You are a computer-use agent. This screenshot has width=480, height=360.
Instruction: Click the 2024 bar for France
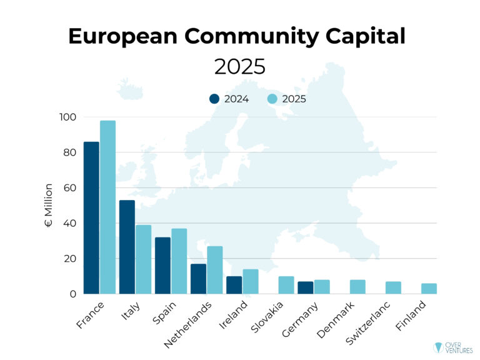(91, 217)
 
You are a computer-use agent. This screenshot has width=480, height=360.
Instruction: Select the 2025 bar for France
(107, 207)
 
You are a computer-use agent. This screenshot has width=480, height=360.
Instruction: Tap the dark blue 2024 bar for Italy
(127, 247)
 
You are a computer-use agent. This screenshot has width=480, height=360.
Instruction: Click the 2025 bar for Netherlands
(214, 270)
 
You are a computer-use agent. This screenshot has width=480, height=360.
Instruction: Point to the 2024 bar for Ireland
(234, 285)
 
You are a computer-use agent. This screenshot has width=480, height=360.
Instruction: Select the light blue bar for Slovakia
(286, 285)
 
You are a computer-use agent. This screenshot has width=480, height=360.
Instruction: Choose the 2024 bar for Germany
(305, 287)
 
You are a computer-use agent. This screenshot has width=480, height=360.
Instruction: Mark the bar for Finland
(429, 289)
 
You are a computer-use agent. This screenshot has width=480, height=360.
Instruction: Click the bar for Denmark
(357, 287)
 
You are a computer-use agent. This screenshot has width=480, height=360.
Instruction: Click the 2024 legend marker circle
(214, 99)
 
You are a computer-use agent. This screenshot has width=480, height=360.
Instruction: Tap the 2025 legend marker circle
(272, 99)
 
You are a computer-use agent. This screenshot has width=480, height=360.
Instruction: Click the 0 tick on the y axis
(72, 294)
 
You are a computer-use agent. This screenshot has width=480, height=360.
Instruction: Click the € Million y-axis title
(49, 205)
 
